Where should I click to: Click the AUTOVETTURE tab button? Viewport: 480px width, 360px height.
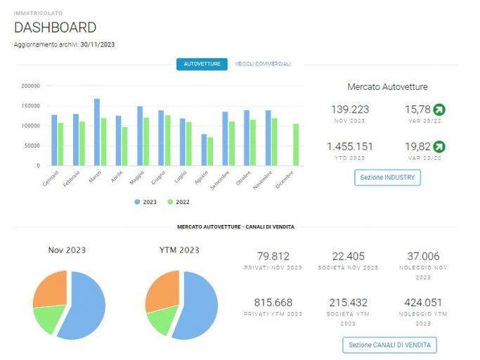tap(202, 64)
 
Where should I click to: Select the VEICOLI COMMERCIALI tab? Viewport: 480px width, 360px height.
tap(263, 64)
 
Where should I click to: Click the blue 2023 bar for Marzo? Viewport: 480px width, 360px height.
tap(97, 132)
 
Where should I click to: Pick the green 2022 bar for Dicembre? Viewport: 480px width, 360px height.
tap(296, 145)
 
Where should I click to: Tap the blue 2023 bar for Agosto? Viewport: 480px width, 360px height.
tap(204, 150)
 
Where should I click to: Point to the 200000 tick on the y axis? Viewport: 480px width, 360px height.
tap(31, 86)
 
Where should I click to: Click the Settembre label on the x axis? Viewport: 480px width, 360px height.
tap(220, 180)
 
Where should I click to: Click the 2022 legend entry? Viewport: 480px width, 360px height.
tap(179, 202)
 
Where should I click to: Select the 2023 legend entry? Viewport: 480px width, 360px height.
tap(145, 202)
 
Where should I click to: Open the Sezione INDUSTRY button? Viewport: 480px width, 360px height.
tap(387, 177)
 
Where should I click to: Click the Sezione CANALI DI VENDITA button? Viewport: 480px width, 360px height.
tap(389, 345)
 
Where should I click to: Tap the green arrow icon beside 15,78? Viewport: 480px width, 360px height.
tap(439, 110)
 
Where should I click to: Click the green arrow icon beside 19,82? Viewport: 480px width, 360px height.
tap(439, 147)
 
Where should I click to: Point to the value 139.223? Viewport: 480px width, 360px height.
tap(350, 110)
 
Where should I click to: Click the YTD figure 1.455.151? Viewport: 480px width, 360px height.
tap(349, 146)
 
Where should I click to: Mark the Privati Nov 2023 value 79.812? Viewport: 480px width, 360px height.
tap(273, 256)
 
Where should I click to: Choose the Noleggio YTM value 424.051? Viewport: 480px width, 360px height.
tap(423, 303)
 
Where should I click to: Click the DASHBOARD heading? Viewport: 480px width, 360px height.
tap(55, 27)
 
